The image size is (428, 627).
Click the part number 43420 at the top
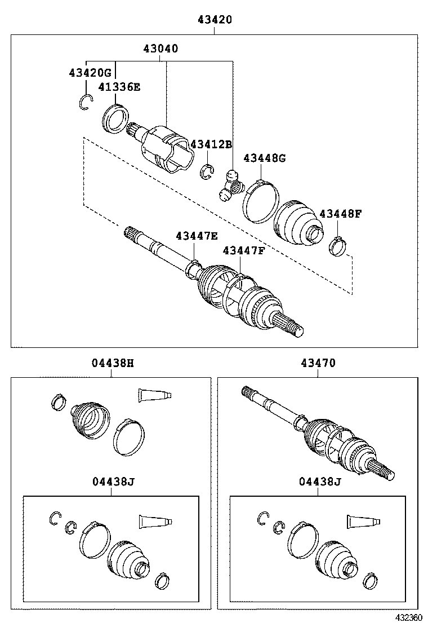tap(214, 20)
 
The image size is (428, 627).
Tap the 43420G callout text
tap(91, 73)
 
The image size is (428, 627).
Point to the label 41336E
tap(119, 87)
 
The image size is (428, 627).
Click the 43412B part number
tap(211, 144)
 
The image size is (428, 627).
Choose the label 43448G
tap(264, 158)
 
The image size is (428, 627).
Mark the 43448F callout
tap(340, 214)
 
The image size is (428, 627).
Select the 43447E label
tap(196, 235)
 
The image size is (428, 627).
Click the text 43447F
tap(243, 250)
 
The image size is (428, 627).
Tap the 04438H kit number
tap(113, 364)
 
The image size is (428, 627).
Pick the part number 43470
tap(318, 364)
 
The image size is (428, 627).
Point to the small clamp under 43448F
tap(338, 246)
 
